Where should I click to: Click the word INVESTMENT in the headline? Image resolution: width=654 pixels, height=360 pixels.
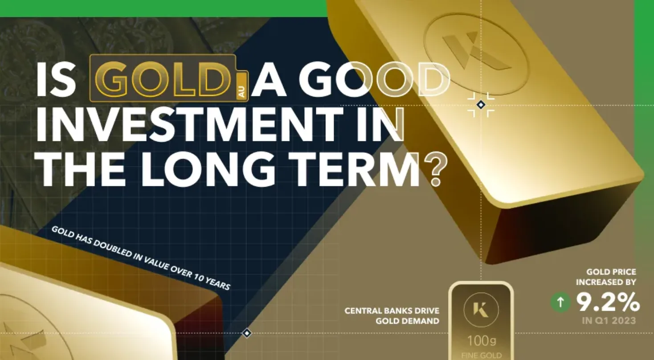coord(189,125)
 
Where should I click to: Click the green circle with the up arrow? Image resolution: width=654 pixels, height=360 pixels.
coord(560,303)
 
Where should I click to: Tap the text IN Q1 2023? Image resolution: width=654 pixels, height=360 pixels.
coord(609,321)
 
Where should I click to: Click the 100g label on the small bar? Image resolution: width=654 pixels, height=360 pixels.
coord(482,340)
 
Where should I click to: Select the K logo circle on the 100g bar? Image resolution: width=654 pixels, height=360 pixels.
coord(481,310)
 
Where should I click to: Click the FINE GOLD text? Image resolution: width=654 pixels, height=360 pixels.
coord(482,356)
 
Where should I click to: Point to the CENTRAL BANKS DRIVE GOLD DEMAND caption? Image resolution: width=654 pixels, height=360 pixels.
coord(392,316)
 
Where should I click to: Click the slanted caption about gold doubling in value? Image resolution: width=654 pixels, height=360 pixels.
coord(141,258)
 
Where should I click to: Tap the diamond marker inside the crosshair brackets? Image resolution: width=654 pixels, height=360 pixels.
coord(481,105)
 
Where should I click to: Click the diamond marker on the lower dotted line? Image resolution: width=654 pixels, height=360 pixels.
coord(247,333)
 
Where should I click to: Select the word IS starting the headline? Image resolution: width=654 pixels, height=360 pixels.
coord(56,79)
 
